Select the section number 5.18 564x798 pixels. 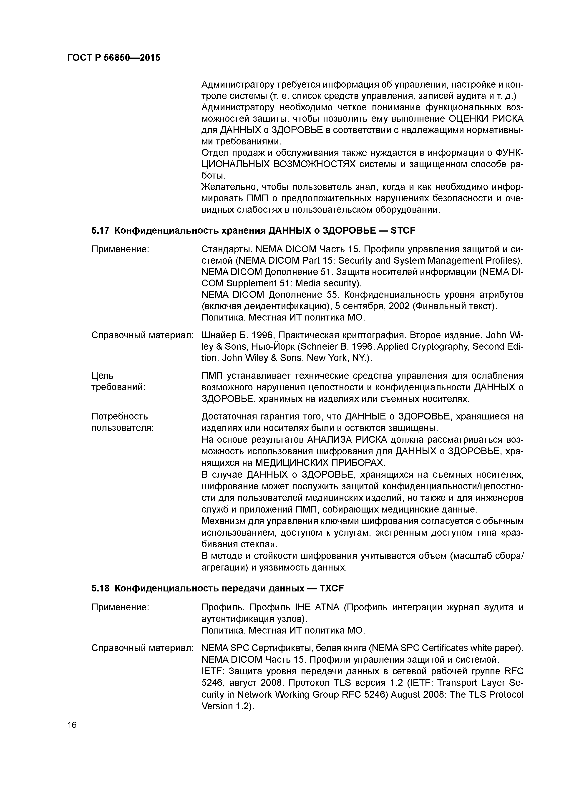point(101,588)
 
